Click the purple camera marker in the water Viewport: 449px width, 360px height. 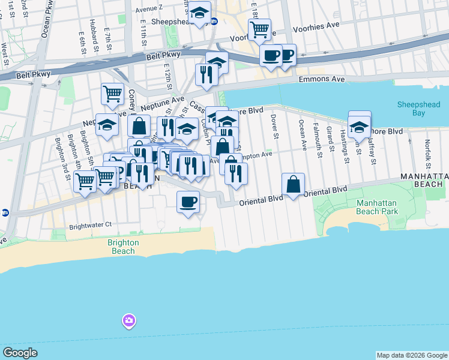(128, 321)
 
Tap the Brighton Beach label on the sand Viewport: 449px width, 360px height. (123, 247)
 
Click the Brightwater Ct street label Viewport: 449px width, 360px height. (90, 225)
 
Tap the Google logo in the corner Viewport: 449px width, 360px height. (20, 353)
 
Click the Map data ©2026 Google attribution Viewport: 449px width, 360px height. (411, 355)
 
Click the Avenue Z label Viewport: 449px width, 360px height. (149, 9)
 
